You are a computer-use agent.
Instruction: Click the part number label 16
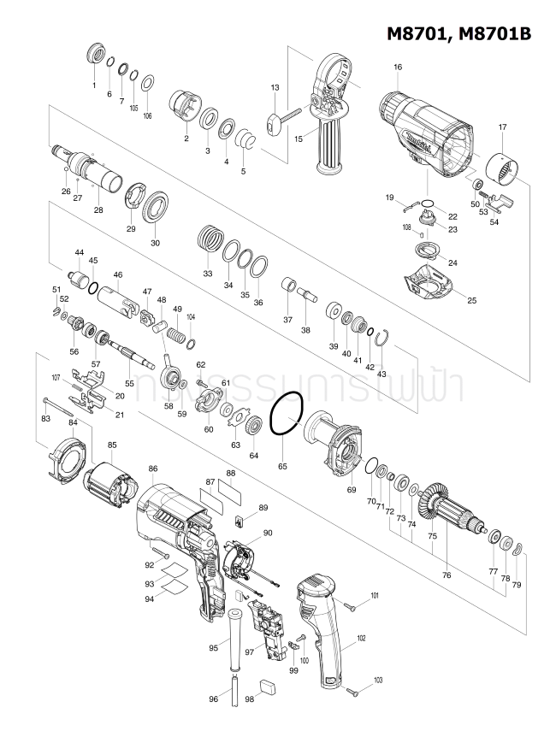tap(398, 67)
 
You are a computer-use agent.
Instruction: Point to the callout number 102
tap(361, 638)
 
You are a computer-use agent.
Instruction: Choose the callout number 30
tap(155, 243)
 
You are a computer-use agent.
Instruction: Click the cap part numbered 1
tap(94, 58)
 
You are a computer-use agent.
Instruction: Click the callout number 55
tap(130, 384)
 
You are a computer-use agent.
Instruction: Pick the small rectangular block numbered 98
tap(268, 683)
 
